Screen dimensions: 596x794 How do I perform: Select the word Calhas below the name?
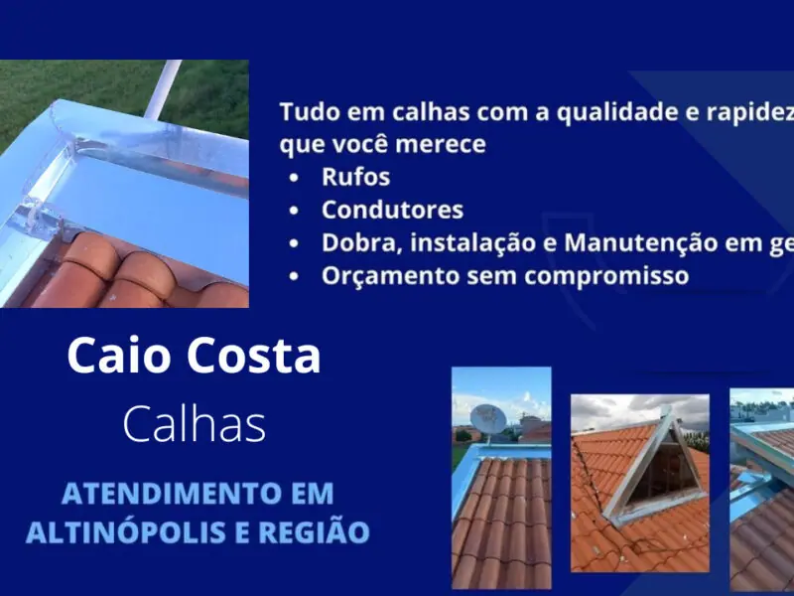194,424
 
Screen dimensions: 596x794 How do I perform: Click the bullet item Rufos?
355,178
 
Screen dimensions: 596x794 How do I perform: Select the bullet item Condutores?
392,210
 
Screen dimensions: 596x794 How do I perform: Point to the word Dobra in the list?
355,242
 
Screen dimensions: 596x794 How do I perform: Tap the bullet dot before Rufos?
294,179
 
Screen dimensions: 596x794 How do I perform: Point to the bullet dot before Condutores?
294,211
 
